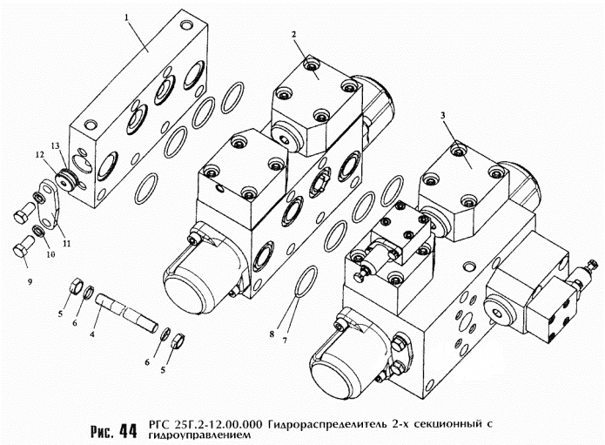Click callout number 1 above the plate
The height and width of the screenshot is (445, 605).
(125, 17)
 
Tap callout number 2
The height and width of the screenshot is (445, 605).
(294, 35)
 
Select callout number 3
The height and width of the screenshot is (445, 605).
(443, 116)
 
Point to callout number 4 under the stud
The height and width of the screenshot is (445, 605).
(92, 334)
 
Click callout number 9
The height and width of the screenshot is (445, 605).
(30, 282)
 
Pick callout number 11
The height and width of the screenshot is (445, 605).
(67, 244)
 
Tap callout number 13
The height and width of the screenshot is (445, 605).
(56, 145)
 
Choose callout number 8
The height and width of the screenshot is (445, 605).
(272, 334)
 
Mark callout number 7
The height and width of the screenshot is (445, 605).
(285, 340)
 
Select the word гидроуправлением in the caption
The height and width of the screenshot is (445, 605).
(199, 435)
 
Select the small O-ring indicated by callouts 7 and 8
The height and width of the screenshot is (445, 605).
(306, 281)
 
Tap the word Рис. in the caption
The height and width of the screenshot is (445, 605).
(102, 432)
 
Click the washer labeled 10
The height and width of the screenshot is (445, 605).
(38, 231)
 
